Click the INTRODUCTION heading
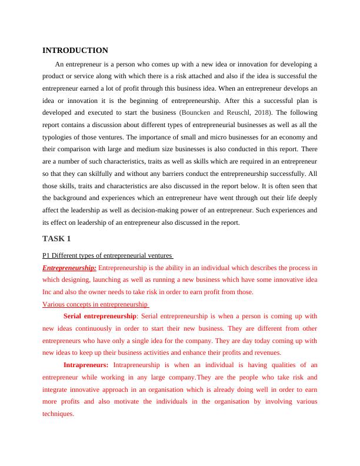pos(75,51)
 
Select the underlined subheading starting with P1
pos(108,256)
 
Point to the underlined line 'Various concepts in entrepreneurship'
pos(96,304)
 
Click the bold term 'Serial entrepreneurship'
pos(104,316)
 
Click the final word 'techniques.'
pos(58,414)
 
